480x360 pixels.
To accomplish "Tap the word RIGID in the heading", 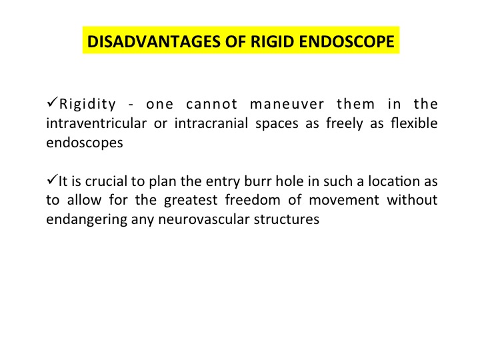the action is (x=273, y=41).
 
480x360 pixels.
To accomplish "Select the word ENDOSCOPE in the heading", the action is (x=347, y=41).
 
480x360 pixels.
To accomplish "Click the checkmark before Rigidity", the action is (x=53, y=101).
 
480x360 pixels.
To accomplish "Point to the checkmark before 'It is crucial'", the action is (x=53, y=179).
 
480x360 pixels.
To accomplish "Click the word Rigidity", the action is (x=87, y=105).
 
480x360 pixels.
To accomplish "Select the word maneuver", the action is (x=287, y=105).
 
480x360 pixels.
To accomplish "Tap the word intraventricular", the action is (x=97, y=123).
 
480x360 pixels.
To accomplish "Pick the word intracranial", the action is (x=211, y=123).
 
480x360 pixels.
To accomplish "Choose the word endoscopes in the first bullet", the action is (x=85, y=143).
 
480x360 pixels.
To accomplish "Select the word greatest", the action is (x=191, y=201).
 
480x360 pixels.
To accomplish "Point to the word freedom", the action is (x=253, y=200).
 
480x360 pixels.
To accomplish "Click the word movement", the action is (x=344, y=201).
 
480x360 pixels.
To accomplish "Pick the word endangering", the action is (x=87, y=220).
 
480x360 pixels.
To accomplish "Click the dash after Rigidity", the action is (x=131, y=105).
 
